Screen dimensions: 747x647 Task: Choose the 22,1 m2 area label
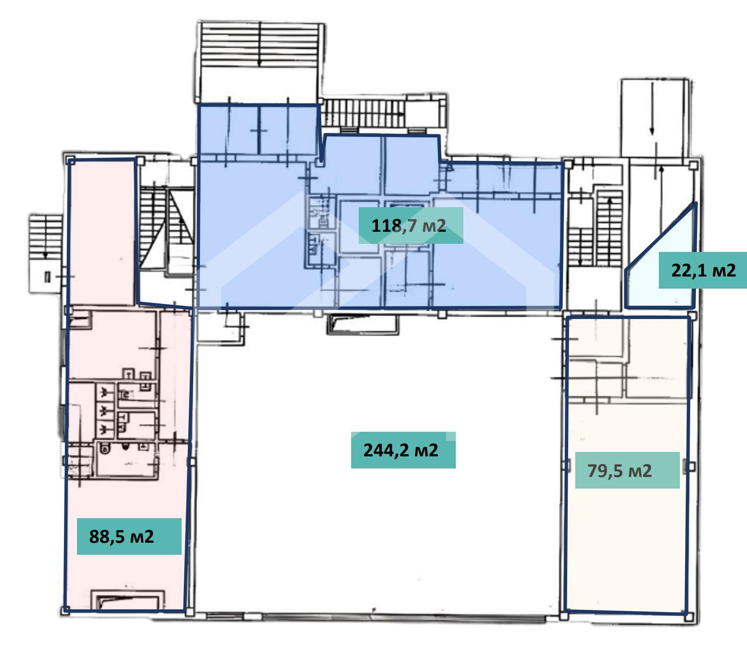(x=703, y=270)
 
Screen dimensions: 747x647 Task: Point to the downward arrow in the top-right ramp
(x=652, y=108)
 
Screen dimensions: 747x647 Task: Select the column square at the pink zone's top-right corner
(x=140, y=160)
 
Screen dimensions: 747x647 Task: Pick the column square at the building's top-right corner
(x=693, y=165)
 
